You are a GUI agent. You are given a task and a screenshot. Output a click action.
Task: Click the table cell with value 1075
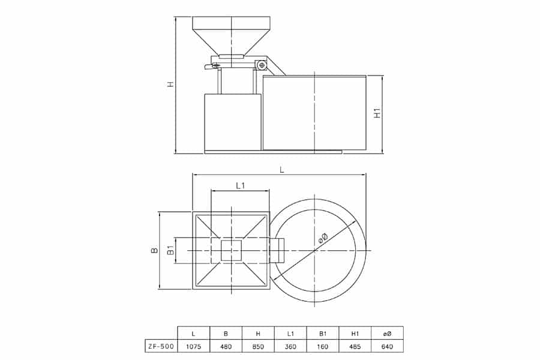click(193, 347)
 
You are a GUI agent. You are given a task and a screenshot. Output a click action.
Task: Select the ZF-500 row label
click(161, 347)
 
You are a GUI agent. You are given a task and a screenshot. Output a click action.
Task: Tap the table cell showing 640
click(388, 347)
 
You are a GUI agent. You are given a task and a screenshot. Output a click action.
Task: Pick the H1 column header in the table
click(355, 334)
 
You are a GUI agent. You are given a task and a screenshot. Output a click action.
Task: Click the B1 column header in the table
click(323, 334)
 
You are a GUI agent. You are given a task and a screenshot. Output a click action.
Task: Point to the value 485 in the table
click(355, 347)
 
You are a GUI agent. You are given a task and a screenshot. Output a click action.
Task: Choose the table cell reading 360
click(290, 347)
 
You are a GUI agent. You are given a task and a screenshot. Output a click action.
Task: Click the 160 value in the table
click(323, 347)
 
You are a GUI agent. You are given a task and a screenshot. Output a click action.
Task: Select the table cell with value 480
click(226, 347)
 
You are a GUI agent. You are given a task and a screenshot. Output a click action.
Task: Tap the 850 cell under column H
click(258, 347)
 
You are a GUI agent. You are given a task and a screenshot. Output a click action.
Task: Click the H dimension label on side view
click(170, 84)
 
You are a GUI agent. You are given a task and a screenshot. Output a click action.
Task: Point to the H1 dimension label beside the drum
click(378, 113)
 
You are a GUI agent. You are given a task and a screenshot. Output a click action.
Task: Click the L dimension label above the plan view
click(282, 170)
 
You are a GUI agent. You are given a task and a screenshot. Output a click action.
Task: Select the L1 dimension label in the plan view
click(240, 185)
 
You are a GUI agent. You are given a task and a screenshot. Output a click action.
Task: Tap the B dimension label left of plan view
click(155, 250)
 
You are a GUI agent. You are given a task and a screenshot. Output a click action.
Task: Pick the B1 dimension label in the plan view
click(170, 250)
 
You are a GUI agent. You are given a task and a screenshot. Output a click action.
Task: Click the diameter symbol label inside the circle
click(323, 238)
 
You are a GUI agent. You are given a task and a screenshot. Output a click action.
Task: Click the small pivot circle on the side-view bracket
click(262, 64)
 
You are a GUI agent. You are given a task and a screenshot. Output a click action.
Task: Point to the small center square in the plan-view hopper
click(231, 250)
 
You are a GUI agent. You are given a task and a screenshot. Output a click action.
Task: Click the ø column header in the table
click(388, 334)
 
